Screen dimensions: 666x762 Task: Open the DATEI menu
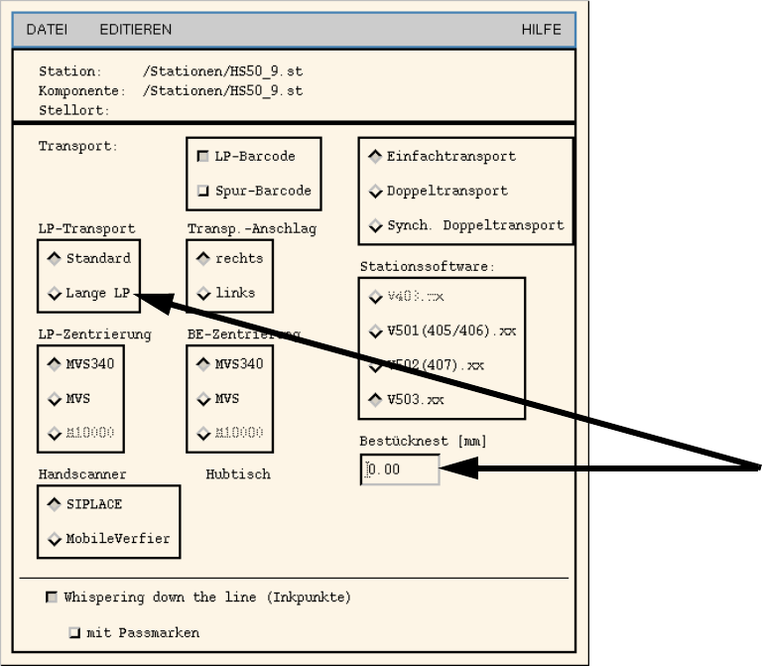click(x=46, y=30)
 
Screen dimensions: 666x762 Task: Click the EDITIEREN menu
click(x=135, y=30)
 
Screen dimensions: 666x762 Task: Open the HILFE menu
click(x=541, y=30)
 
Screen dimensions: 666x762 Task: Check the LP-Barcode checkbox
click(x=203, y=156)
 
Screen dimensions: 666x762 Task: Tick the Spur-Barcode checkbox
click(x=203, y=191)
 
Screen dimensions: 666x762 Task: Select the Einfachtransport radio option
click(x=376, y=156)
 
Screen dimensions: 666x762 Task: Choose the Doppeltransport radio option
click(x=376, y=191)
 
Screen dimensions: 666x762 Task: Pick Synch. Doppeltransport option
click(x=376, y=225)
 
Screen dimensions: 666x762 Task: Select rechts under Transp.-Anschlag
click(x=204, y=258)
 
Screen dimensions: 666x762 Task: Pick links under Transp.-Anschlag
click(x=204, y=293)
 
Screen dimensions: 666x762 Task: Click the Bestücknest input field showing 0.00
click(x=400, y=469)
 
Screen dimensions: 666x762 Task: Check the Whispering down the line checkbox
click(x=52, y=598)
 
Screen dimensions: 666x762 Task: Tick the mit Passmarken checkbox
click(x=74, y=632)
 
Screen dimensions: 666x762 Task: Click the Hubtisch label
click(x=238, y=474)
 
